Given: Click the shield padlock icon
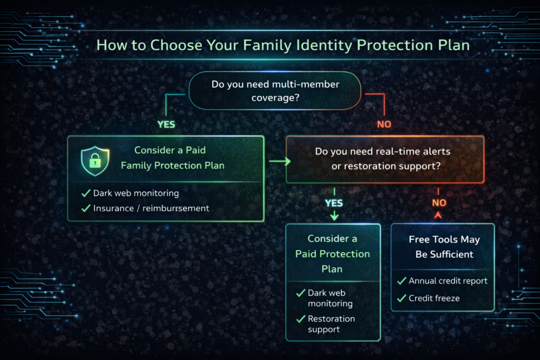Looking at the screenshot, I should (x=95, y=161).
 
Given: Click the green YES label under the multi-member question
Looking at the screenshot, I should (x=166, y=125).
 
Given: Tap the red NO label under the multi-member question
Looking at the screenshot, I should (x=384, y=125).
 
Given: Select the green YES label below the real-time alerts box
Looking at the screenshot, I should (x=334, y=203).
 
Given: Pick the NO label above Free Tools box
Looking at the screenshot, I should (x=439, y=203).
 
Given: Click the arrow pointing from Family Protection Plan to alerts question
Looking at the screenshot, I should (x=280, y=161).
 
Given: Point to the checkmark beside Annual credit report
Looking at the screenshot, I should (x=402, y=281).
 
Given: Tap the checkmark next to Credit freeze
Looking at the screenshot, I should (x=402, y=298).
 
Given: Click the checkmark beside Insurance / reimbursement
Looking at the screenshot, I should (x=86, y=208).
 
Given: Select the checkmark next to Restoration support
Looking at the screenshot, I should (x=301, y=319).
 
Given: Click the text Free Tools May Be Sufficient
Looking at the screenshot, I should (x=444, y=247).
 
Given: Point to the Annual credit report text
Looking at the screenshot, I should (x=448, y=281).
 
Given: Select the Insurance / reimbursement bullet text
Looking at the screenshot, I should (x=151, y=208).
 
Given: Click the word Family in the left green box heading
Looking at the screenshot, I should (x=137, y=166).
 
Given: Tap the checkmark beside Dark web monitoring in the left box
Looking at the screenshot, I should (x=86, y=193).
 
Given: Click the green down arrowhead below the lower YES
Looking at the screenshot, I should (x=334, y=216).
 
